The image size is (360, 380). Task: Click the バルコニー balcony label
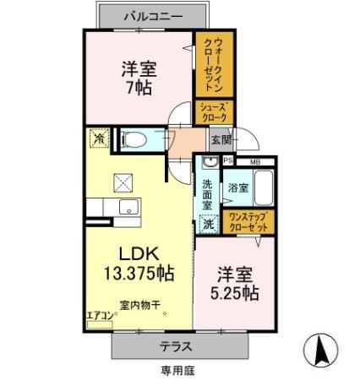(153, 15)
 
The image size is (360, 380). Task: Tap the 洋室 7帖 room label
(137, 77)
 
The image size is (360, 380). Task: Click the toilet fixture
(135, 138)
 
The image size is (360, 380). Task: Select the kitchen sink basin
(129, 207)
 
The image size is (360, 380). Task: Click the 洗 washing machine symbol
(207, 224)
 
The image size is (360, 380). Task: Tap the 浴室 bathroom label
(237, 187)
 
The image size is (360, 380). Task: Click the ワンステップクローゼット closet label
(249, 223)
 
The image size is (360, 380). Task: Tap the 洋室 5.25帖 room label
(235, 284)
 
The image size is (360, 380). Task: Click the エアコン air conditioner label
(100, 318)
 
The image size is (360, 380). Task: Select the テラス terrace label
(177, 346)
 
